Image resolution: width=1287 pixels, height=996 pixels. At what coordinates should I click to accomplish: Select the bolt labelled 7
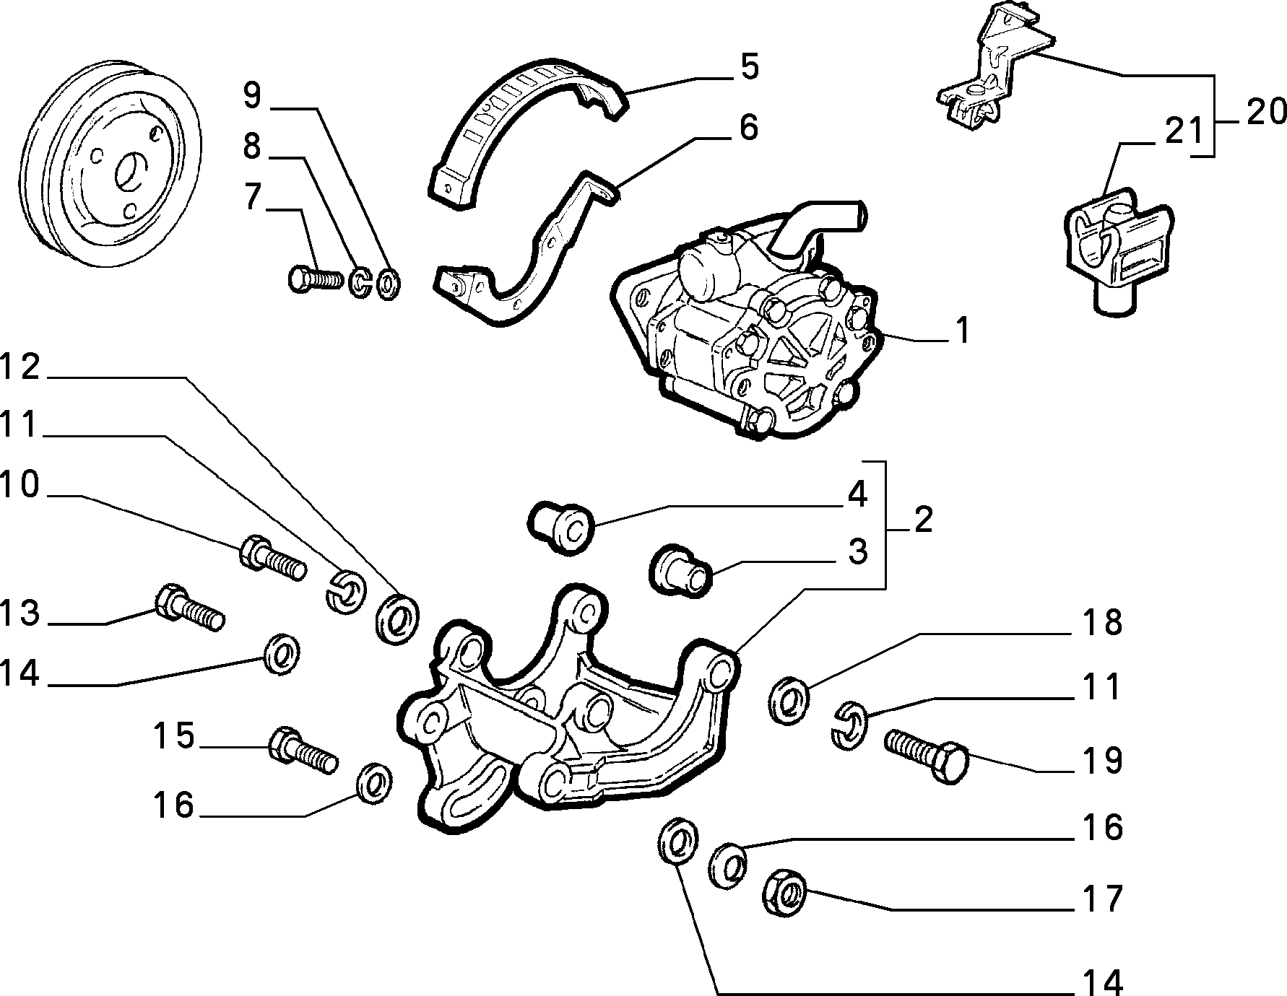(315, 279)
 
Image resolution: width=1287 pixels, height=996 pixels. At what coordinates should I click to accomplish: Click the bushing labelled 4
(562, 528)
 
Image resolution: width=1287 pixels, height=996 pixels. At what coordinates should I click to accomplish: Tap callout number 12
(20, 369)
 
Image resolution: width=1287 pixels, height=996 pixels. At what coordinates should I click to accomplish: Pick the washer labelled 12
(396, 618)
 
